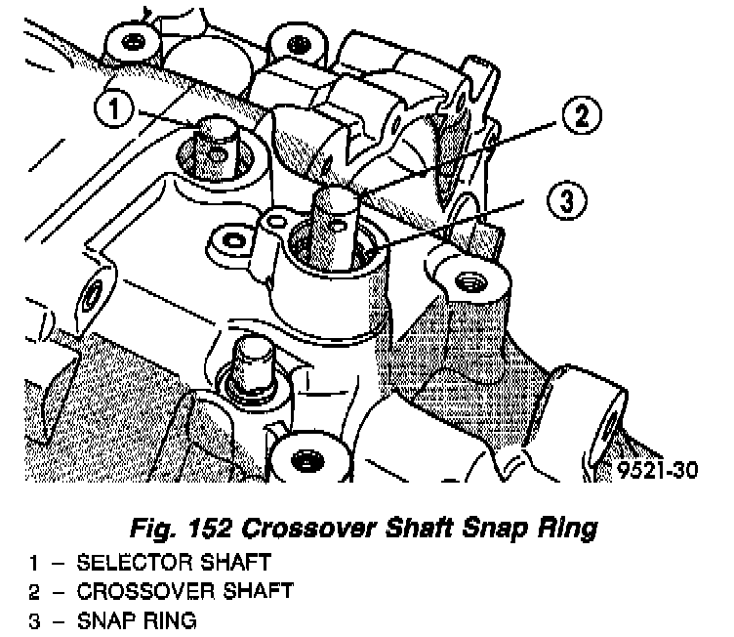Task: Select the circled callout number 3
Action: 565,201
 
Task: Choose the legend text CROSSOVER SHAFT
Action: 183,592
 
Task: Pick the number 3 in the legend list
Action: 33,620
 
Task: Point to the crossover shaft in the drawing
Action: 335,220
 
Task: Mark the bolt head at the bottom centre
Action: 305,458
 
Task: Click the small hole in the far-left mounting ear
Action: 96,292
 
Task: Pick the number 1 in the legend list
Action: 33,564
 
